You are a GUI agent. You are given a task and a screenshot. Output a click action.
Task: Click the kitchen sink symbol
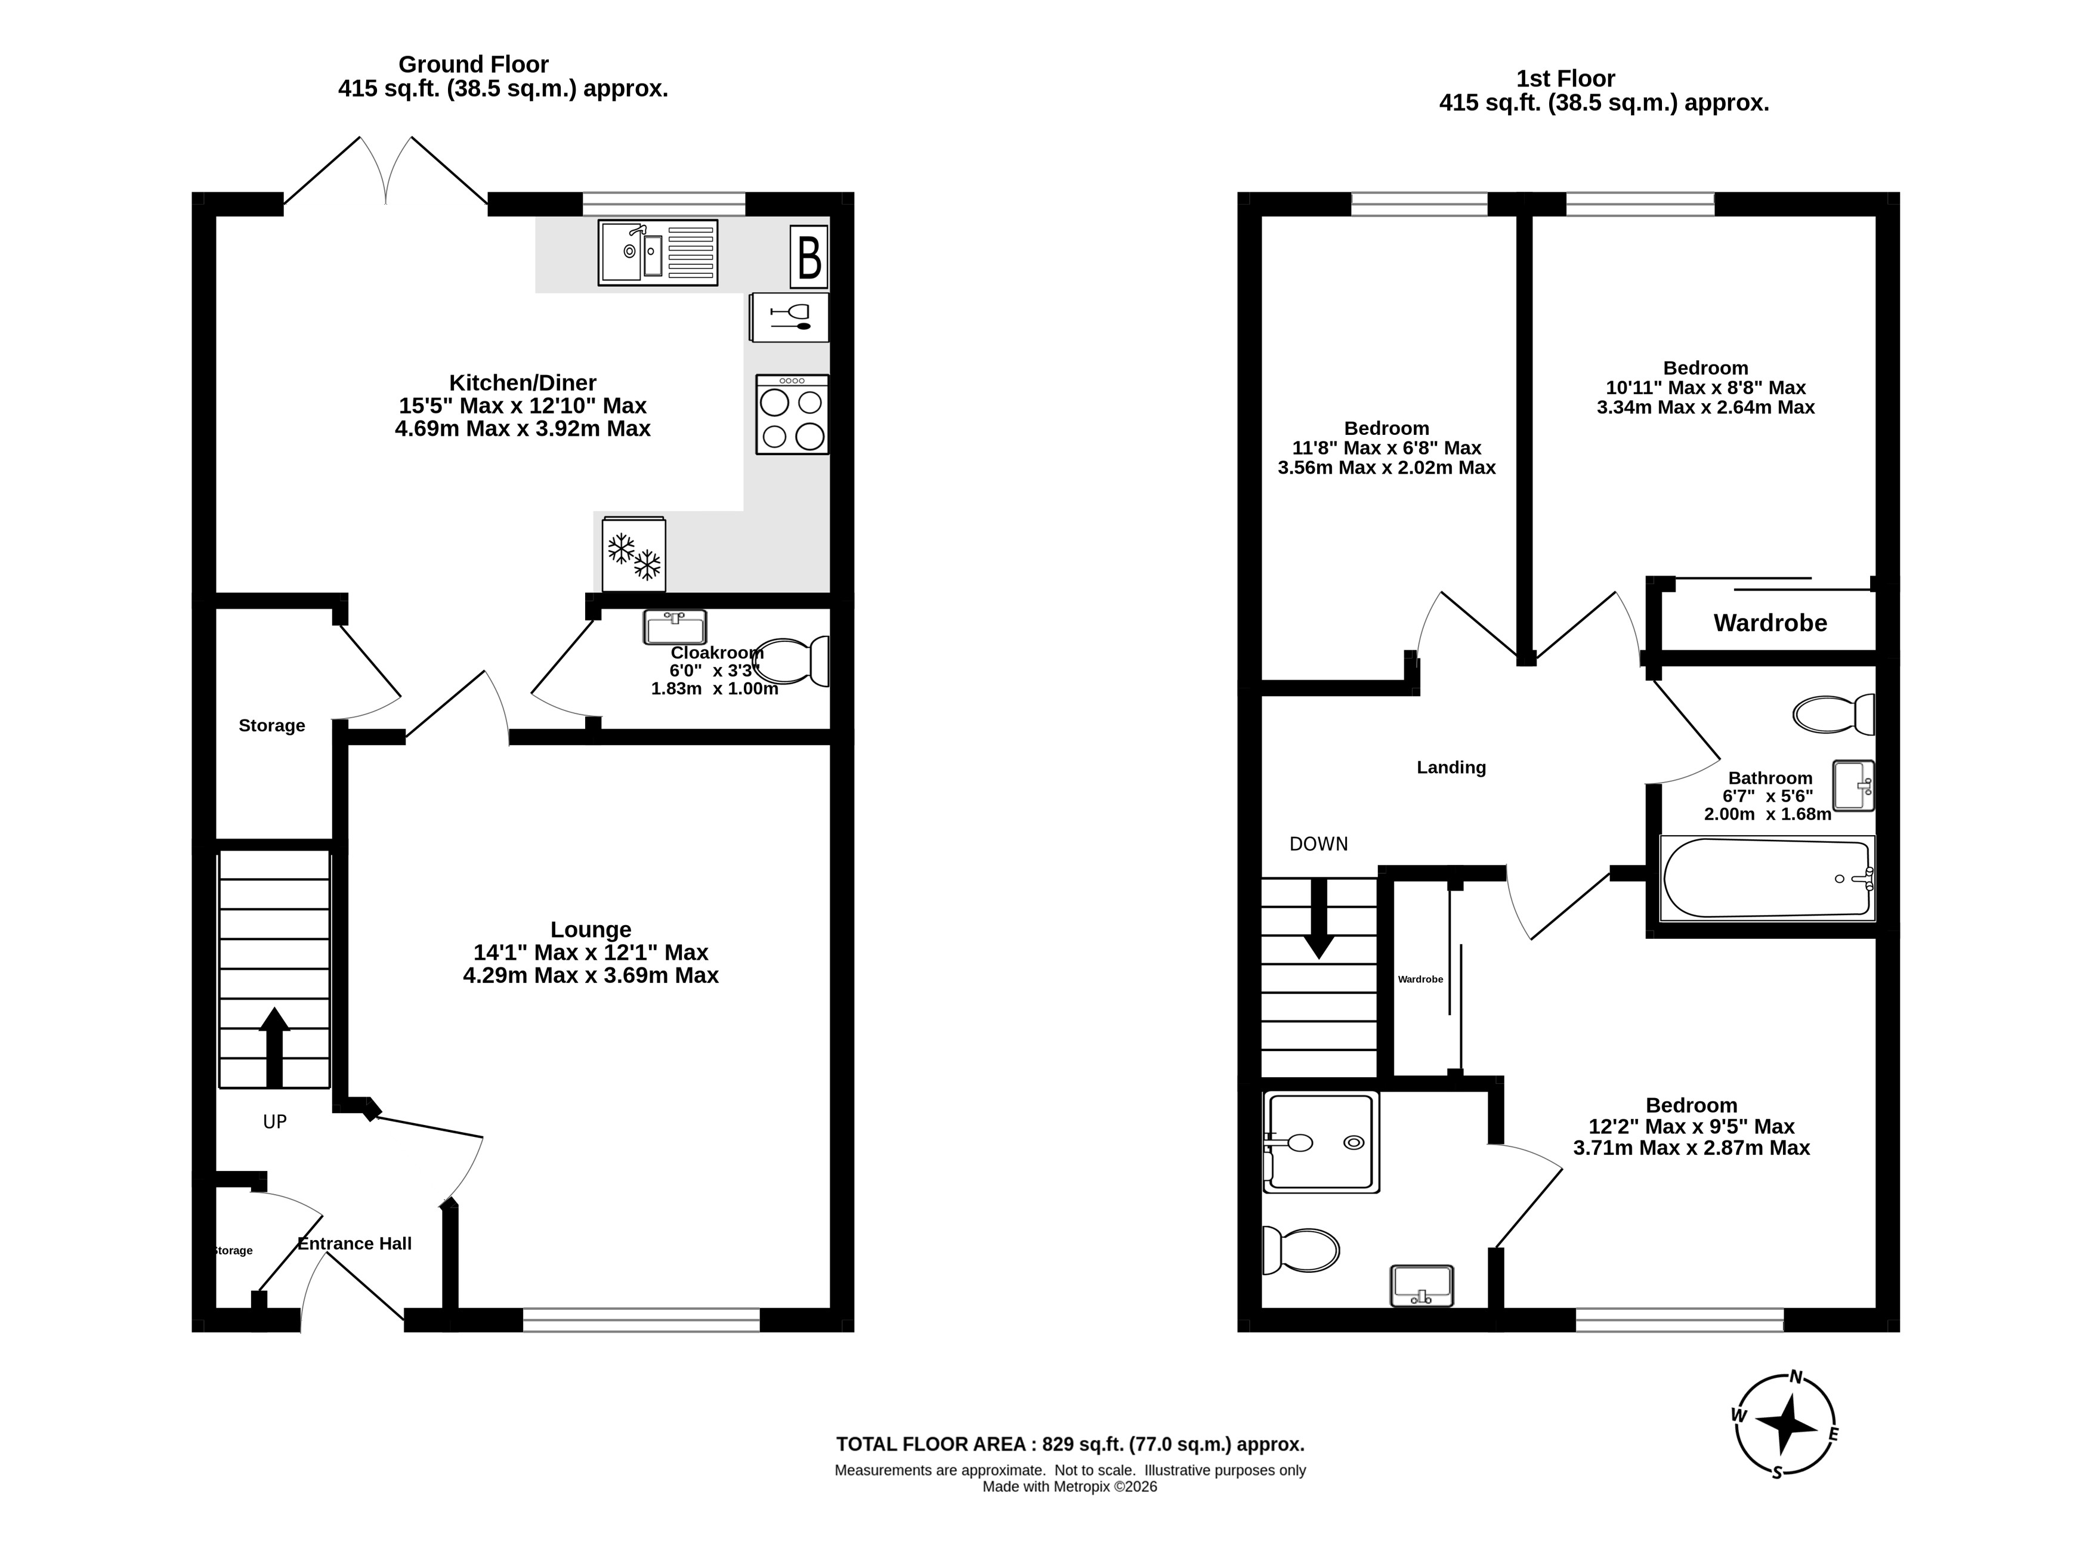coord(657,252)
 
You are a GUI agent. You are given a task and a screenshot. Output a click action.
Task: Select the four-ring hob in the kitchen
coord(792,415)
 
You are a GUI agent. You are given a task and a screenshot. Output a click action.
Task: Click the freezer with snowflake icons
coord(633,555)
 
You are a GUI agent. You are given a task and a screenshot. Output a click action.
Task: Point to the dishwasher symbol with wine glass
coord(789,317)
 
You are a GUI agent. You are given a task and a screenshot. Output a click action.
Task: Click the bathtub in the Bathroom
coord(1767,878)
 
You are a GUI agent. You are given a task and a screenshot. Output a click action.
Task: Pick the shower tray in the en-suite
coord(1321,1142)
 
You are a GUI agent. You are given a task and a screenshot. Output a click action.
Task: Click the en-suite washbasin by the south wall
coord(1421,1286)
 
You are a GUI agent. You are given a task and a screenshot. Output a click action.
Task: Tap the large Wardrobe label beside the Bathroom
coord(1770,623)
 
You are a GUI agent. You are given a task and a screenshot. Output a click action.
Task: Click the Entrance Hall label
coord(354,1244)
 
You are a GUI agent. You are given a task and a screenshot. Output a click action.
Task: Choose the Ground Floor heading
coord(474,64)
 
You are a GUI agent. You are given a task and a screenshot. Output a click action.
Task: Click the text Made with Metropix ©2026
coord(1070,1486)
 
